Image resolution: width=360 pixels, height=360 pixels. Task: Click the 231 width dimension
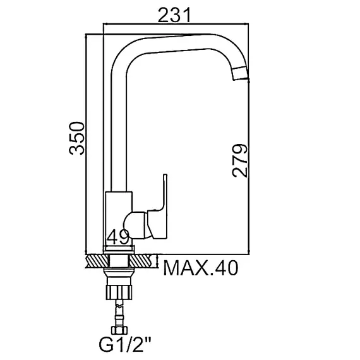point(175,13)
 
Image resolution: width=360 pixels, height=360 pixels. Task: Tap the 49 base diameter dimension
point(118,237)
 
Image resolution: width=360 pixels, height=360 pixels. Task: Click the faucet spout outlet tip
point(241,74)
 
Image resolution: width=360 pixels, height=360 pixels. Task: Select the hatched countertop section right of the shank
point(142,260)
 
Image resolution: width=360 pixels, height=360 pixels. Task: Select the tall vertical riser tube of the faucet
point(118,126)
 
